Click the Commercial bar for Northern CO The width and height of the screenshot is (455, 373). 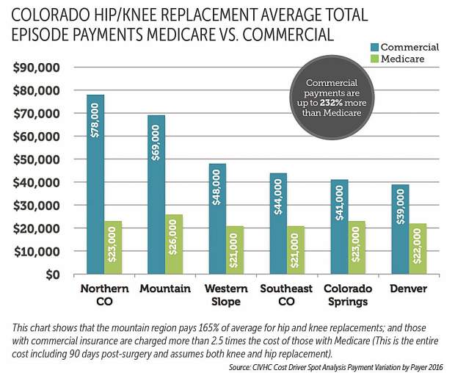95,184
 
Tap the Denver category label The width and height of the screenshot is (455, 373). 407,289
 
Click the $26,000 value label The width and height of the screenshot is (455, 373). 175,247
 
